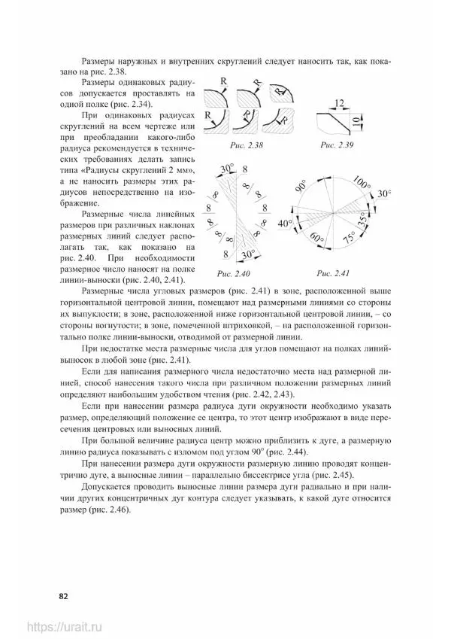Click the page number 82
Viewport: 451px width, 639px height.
(x=64, y=596)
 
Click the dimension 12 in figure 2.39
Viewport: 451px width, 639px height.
(x=339, y=103)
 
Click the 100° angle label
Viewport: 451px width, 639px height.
(x=361, y=183)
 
